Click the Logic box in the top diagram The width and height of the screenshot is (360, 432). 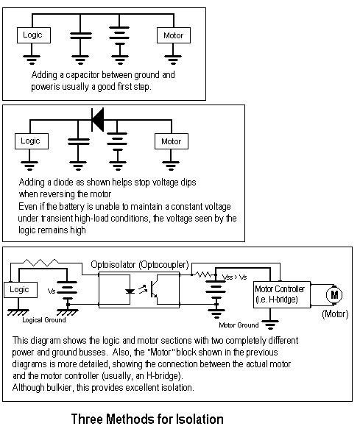click(x=34, y=35)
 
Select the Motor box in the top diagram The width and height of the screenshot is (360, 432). click(x=174, y=35)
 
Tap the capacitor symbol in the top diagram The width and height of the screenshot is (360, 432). click(x=80, y=36)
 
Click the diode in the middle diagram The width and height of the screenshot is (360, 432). click(x=98, y=120)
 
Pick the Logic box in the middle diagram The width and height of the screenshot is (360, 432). click(x=32, y=141)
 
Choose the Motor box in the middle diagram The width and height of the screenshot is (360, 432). click(x=172, y=141)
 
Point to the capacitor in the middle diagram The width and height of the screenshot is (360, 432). click(x=79, y=142)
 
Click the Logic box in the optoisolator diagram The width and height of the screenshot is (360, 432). click(x=21, y=290)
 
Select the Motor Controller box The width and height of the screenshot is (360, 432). click(x=282, y=294)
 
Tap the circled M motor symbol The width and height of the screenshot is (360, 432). click(x=334, y=295)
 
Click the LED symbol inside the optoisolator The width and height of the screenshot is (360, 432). click(x=130, y=291)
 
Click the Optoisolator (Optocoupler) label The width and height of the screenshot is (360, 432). click(x=140, y=265)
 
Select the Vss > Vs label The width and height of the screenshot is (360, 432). click(x=235, y=277)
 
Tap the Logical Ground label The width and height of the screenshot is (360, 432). click(x=44, y=320)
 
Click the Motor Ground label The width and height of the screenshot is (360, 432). click(x=239, y=325)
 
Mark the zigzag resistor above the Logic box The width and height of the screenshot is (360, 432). click(x=40, y=263)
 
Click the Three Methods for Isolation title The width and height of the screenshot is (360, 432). click(x=147, y=419)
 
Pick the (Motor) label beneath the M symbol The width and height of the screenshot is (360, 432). click(x=335, y=314)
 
